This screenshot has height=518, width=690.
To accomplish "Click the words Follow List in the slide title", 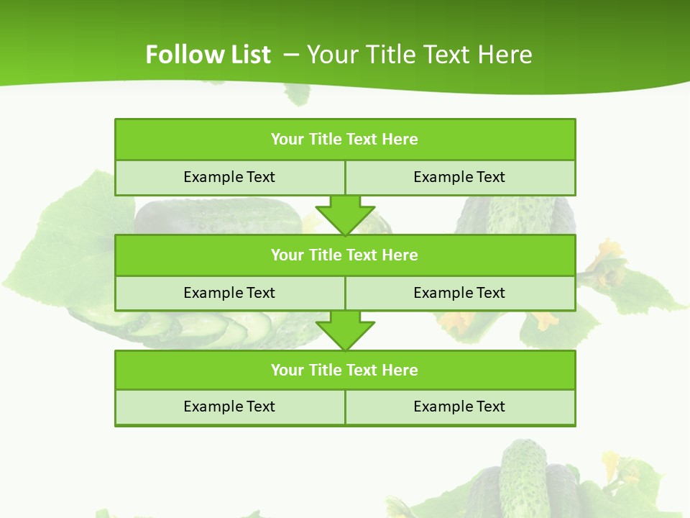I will tap(208, 55).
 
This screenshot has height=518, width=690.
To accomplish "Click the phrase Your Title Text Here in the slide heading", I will tap(420, 55).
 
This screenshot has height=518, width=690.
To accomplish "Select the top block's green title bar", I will tap(344, 140).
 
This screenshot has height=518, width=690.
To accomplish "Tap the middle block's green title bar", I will tap(344, 255).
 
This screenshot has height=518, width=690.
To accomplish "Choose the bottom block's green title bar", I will tap(344, 370).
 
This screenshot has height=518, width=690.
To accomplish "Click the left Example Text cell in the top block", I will tap(229, 177).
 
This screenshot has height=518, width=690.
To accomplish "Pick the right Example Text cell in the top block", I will tap(459, 177).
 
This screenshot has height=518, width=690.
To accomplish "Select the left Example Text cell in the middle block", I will tap(229, 293).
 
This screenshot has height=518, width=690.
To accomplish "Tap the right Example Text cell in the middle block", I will tap(459, 293).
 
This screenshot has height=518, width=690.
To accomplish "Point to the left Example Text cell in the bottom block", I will tap(229, 406).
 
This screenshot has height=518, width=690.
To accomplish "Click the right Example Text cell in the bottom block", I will tap(459, 406).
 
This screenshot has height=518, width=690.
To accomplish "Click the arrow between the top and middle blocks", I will tap(345, 214).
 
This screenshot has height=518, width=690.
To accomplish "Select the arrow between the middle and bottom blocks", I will tap(345, 330).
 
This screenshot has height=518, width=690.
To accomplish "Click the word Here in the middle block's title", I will tap(400, 255).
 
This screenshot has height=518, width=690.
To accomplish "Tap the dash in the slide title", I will tap(291, 55).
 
